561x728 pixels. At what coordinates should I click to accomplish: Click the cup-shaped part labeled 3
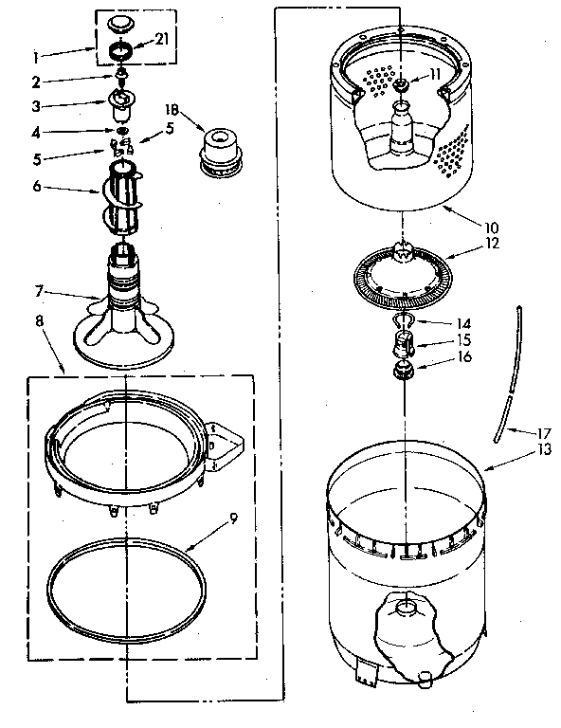pos(122,100)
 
